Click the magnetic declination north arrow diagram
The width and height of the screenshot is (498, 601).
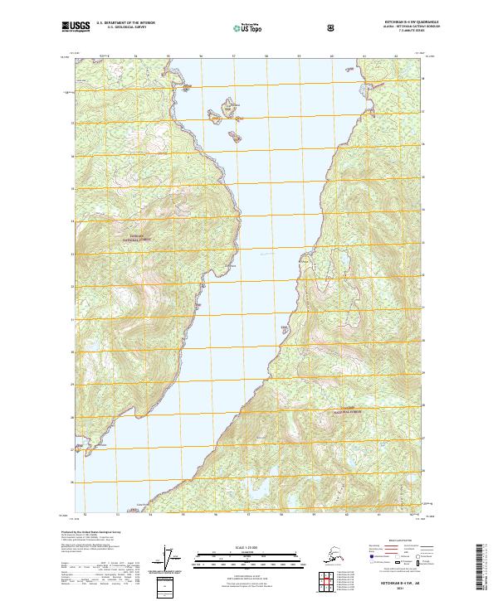coord(172,560)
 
